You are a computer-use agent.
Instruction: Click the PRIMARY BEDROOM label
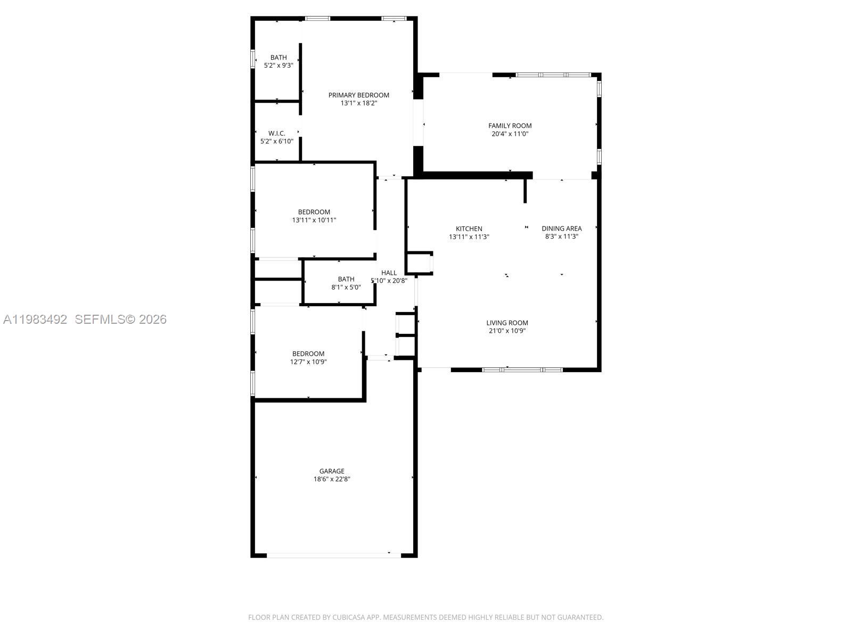(x=358, y=95)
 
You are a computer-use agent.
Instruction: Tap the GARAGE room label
(x=332, y=471)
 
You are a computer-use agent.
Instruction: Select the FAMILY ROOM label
(x=510, y=126)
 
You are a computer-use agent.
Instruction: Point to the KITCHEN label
(x=469, y=229)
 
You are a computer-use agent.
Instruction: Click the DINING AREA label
(x=561, y=229)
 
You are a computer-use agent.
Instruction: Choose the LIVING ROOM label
(x=507, y=323)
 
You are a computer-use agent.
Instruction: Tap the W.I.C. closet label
(x=276, y=134)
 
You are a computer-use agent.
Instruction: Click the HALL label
(x=389, y=273)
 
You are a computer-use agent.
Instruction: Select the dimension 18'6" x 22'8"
(x=332, y=479)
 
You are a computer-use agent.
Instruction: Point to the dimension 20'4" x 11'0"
(x=510, y=134)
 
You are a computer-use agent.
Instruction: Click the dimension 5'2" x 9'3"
(x=278, y=65)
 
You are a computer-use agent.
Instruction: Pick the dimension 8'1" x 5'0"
(x=346, y=287)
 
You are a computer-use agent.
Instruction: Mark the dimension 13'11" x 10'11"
(x=314, y=220)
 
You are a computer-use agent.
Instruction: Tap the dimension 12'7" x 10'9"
(x=308, y=362)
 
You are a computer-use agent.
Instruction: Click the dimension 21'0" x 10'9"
(x=507, y=331)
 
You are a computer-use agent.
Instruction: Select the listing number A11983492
(x=35, y=319)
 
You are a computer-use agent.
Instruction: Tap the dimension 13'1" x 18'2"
(x=358, y=103)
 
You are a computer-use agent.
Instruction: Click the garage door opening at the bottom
(x=333, y=555)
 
